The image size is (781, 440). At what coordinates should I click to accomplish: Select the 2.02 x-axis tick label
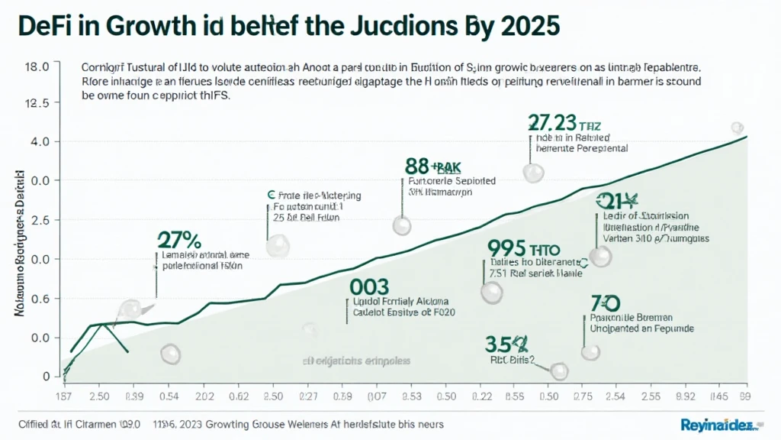(x=205, y=396)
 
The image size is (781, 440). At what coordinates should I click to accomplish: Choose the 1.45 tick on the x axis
(x=718, y=396)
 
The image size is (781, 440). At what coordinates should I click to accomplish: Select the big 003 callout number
(x=369, y=287)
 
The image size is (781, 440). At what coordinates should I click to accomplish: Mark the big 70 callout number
(x=603, y=303)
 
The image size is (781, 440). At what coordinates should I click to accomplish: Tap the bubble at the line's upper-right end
(x=737, y=128)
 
